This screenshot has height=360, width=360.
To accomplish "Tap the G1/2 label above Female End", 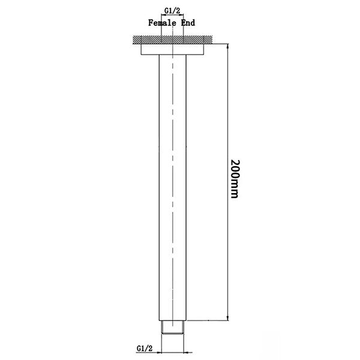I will coord(174,10).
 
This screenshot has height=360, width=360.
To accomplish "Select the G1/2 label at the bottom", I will coord(144,347).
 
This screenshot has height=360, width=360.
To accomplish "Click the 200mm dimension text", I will coord(233,179).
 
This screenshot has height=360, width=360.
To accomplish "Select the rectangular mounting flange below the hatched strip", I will coord(175,50).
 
